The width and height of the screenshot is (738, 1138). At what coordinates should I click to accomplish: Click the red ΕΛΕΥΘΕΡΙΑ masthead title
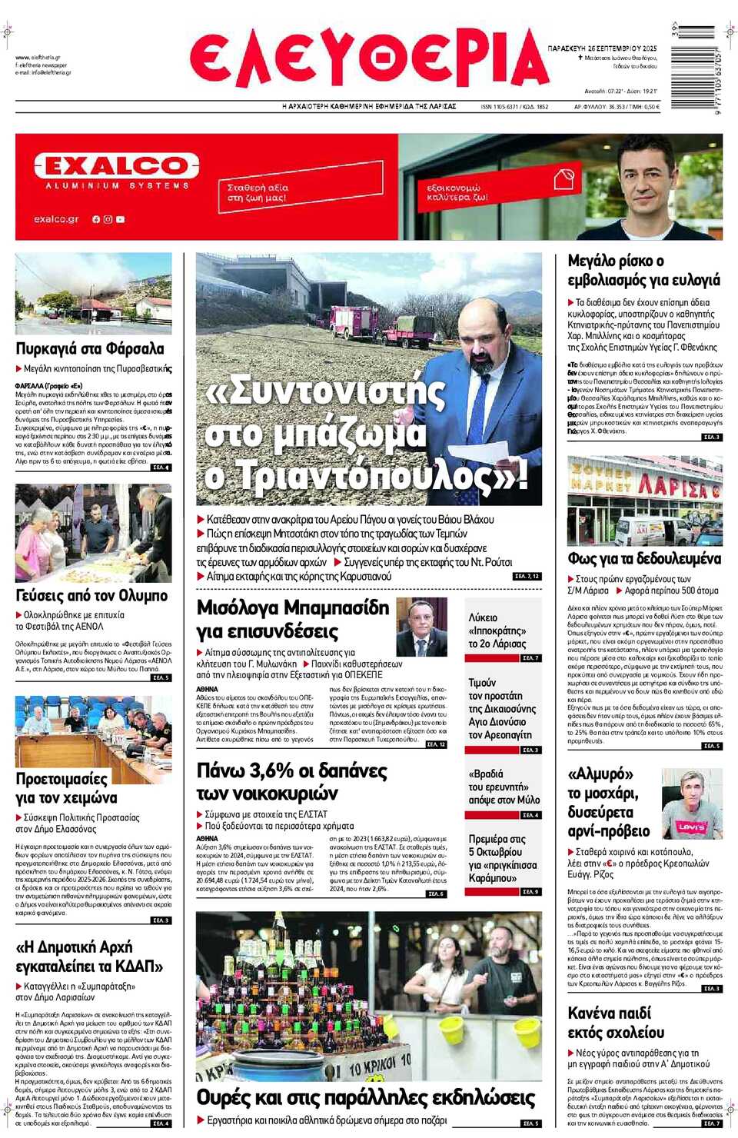(369, 59)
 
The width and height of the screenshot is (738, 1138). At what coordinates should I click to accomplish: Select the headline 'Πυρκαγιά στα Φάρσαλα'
(90, 348)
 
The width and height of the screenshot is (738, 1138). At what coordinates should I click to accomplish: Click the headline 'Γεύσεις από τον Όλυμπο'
(91, 595)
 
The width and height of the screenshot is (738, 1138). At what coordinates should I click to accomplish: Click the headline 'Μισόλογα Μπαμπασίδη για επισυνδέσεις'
(292, 619)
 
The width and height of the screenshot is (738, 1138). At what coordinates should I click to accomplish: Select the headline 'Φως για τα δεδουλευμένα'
(644, 558)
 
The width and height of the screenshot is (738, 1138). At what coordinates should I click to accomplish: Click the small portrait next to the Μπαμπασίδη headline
(421, 626)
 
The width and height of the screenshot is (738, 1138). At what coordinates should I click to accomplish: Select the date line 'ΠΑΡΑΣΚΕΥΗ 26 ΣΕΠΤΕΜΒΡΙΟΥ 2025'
(603, 48)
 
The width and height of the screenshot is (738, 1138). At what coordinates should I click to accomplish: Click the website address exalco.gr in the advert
(56, 219)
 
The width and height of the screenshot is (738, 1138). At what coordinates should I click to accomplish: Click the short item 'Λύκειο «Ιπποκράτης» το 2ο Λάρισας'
(497, 631)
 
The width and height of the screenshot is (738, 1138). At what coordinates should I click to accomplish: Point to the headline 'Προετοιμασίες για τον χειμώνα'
(67, 788)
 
